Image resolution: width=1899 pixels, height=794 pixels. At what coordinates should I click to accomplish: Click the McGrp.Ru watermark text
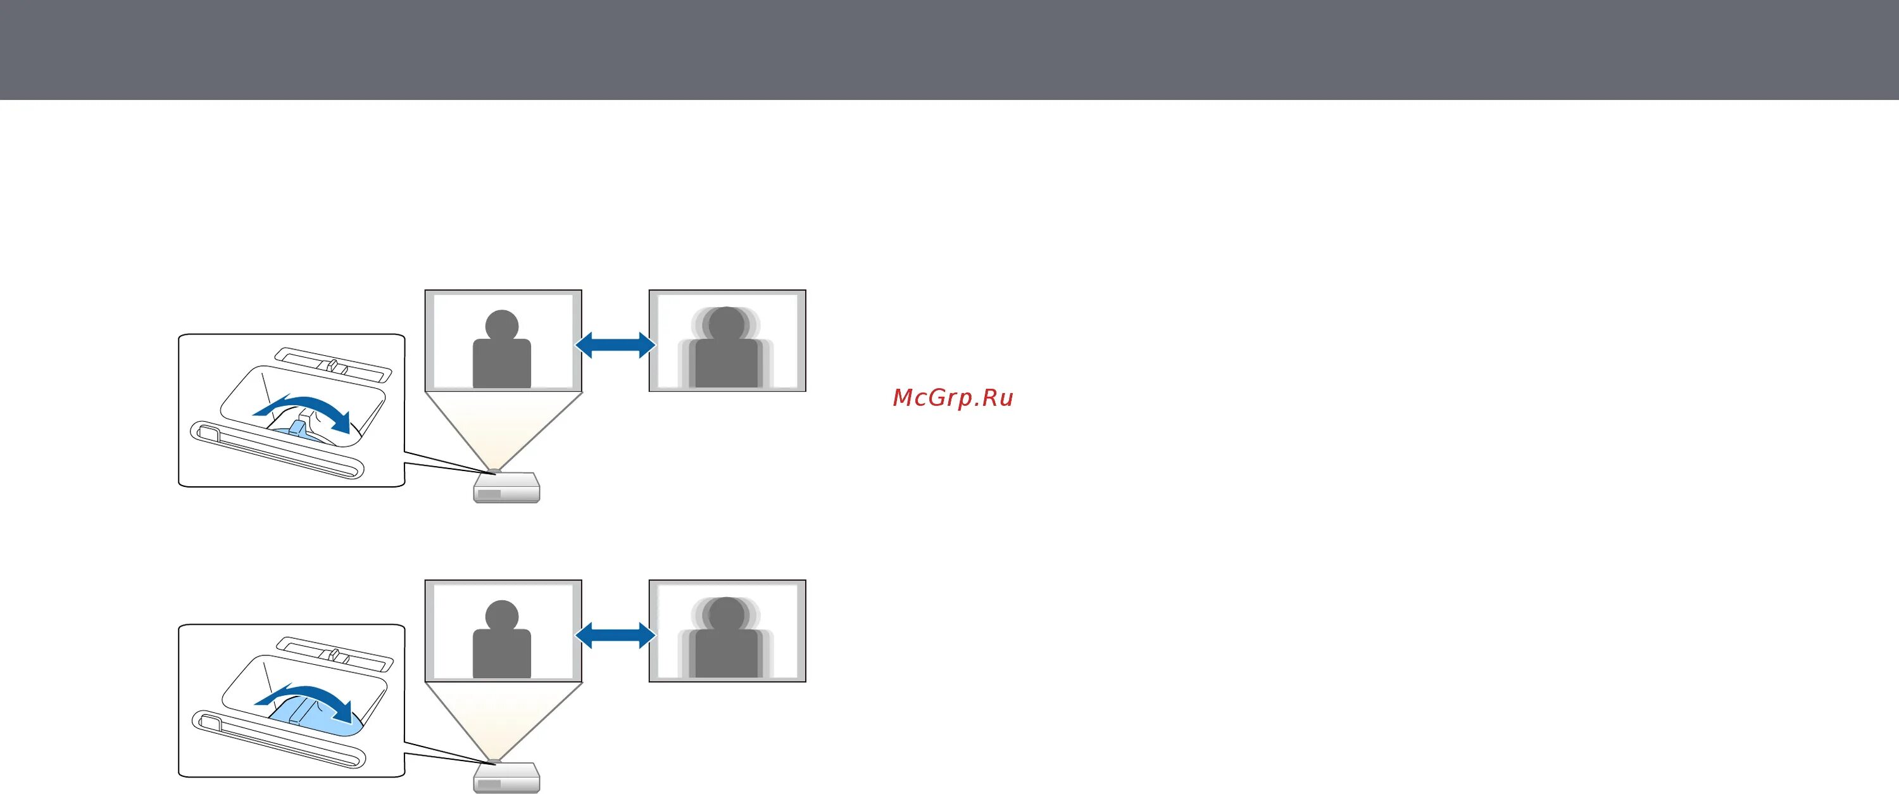coord(953,398)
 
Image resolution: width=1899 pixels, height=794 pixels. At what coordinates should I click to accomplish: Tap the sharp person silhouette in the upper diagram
coord(502,358)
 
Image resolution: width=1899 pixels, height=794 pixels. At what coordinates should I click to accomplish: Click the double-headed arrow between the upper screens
coord(615,344)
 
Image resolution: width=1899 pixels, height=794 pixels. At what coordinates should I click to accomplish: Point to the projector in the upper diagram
coord(506,488)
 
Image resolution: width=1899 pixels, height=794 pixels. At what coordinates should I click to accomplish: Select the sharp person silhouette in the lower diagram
coord(502,647)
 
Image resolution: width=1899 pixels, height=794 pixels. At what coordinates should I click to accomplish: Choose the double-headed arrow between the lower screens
coord(615,635)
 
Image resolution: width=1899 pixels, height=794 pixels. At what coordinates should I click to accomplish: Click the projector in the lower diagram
coord(506,777)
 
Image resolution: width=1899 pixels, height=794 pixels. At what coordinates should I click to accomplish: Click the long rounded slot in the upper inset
coord(277,450)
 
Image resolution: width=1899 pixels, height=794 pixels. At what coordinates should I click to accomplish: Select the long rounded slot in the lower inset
coord(277,740)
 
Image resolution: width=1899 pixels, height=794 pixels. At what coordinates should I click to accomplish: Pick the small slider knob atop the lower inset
coord(334,655)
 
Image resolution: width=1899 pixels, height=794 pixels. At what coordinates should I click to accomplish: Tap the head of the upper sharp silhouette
coord(502,324)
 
